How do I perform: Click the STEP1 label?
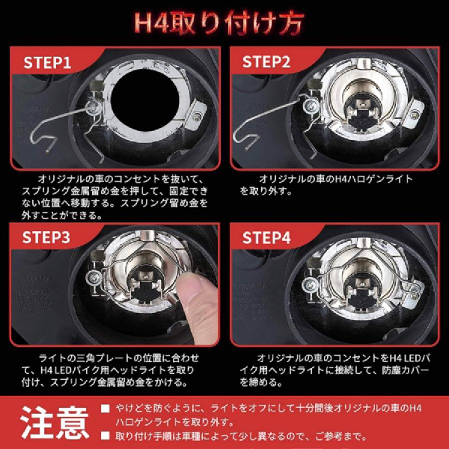click(48, 62)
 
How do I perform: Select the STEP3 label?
click(48, 238)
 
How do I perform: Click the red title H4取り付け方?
click(224, 21)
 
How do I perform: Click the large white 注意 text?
click(50, 423)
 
